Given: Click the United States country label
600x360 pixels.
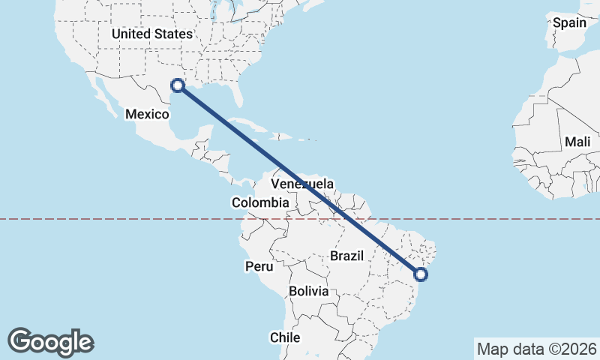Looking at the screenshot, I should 151,34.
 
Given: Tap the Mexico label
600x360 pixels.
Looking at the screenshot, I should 147,113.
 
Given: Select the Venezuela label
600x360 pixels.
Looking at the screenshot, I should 302,184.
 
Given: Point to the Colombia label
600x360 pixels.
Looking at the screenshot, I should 260,202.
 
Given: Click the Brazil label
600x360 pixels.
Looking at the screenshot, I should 346,256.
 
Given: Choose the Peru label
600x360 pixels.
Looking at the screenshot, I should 259,266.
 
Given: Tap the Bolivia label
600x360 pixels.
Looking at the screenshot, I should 308,291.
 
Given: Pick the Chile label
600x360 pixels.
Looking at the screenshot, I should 285,337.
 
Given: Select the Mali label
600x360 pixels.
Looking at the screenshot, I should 577,142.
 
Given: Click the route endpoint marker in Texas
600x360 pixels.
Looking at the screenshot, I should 178,85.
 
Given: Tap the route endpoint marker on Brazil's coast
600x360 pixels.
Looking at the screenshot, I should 421,274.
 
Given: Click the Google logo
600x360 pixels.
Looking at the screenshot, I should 50,341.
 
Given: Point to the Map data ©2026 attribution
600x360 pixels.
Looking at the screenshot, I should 537,349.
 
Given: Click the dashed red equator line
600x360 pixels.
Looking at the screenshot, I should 112,219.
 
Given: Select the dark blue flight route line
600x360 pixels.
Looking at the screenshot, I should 300,180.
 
